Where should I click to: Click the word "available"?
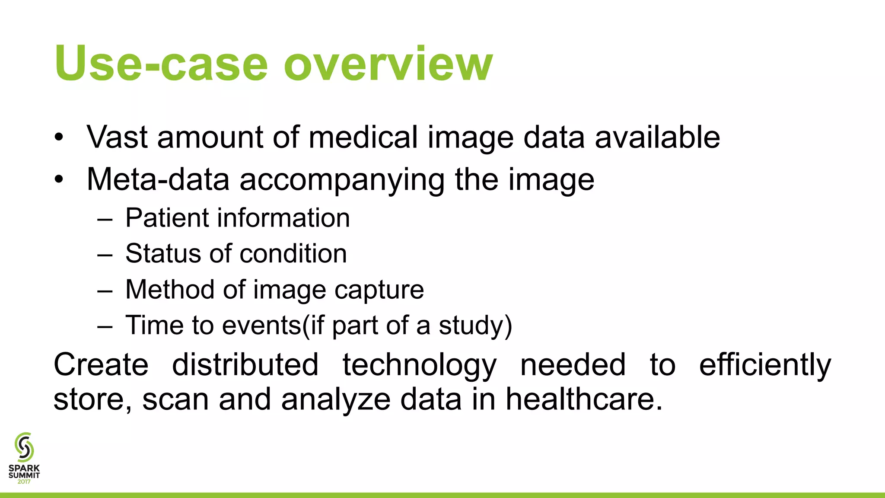[x=657, y=137]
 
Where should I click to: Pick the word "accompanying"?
[x=342, y=180]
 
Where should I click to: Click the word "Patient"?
[x=166, y=217]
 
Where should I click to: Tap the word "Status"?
[x=162, y=253]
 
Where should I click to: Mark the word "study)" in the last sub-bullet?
[x=475, y=326]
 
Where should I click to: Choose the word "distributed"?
[x=245, y=364]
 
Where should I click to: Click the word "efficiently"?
[x=765, y=364]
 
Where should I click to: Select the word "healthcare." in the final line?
[x=584, y=399]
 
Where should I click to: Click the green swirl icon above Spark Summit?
[x=24, y=447]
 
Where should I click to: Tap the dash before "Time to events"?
[x=105, y=326]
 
